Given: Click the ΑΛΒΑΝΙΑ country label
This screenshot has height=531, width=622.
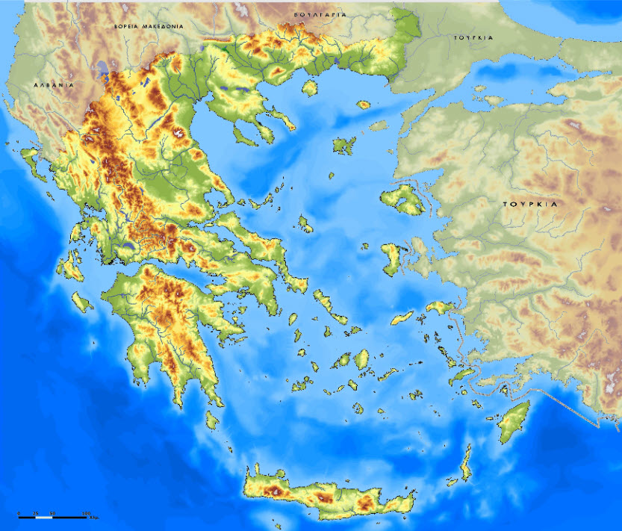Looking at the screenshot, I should tap(54, 85).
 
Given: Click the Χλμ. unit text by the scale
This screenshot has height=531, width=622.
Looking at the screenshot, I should tap(94, 518).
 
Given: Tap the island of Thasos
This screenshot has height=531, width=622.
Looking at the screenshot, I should tap(307, 87).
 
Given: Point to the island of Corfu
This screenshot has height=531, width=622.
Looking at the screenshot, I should tap(31, 158).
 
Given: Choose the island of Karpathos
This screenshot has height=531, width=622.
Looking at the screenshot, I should tap(466, 462).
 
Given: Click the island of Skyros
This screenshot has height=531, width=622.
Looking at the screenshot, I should tap(305, 223).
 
